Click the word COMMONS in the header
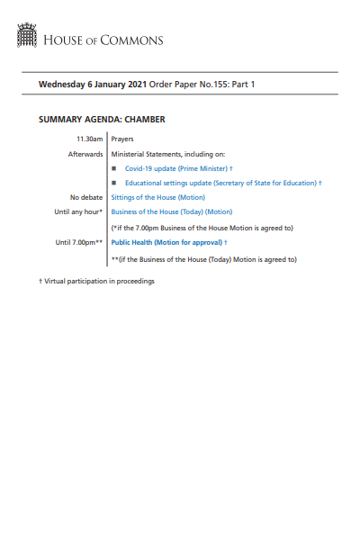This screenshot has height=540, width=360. (x=135, y=40)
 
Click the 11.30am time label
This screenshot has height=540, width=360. (x=90, y=139)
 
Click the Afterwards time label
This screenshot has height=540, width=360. (x=86, y=154)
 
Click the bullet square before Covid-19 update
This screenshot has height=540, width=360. (x=114, y=168)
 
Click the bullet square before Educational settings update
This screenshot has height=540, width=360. (x=114, y=183)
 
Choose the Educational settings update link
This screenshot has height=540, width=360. (x=220, y=183)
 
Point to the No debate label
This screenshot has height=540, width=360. (x=86, y=197)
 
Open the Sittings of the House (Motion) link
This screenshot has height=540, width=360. (x=158, y=197)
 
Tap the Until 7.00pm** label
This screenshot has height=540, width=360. (x=79, y=242)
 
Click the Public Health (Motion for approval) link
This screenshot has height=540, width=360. (x=167, y=242)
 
